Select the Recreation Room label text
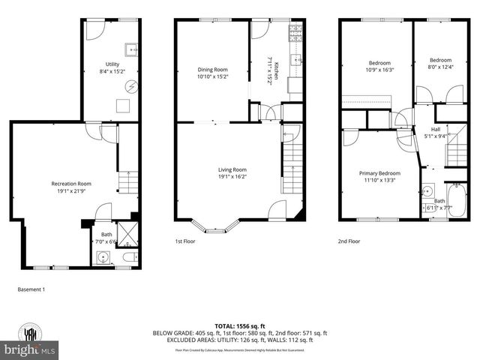[x=70, y=184]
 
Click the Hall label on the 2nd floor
[x=435, y=129]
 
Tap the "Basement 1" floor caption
[x=31, y=289]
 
